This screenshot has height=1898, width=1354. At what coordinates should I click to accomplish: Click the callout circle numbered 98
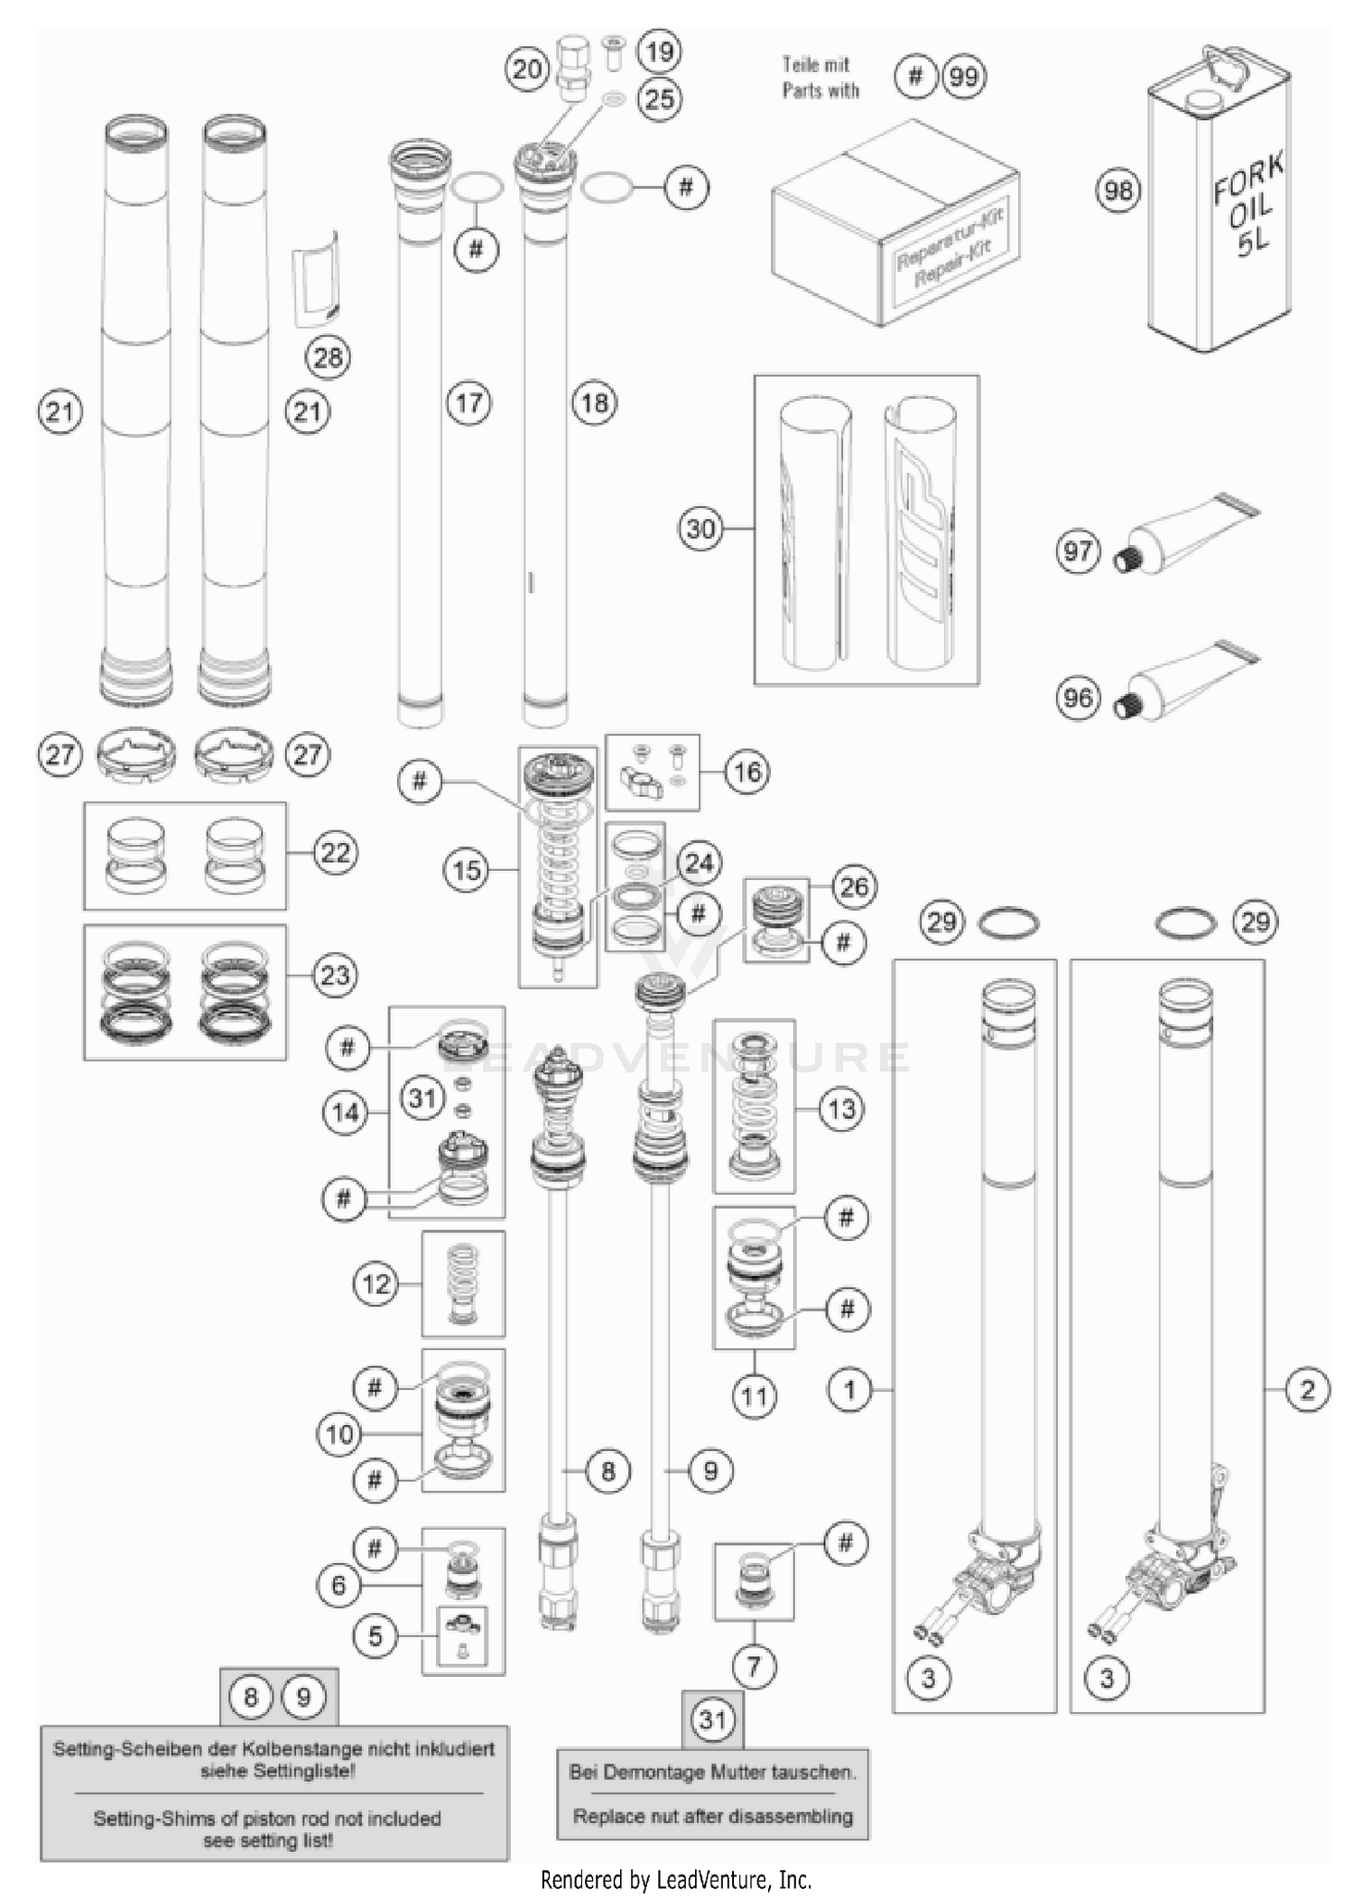point(1118,190)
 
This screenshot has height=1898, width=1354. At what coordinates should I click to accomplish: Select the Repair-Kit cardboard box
point(895,226)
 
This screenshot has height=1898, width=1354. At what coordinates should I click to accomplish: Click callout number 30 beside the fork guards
point(700,528)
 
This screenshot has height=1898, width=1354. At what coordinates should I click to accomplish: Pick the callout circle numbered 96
point(1078,698)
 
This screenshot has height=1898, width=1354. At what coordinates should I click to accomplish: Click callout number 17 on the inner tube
point(468,403)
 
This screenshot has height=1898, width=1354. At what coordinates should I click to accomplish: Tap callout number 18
point(594,403)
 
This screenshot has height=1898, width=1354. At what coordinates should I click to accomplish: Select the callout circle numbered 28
point(328,357)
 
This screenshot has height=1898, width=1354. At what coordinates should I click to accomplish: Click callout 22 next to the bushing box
point(335,853)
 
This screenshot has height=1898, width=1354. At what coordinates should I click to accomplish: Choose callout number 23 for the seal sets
point(335,975)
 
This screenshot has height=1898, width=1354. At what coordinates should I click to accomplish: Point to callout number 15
point(467,870)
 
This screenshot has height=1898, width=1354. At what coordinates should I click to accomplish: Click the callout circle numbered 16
point(747,772)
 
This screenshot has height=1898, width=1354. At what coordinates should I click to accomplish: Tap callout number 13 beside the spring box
point(841,1108)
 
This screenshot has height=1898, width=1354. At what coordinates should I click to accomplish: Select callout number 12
point(376,1283)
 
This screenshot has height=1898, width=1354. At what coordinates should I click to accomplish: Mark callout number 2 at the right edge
point(1307,1390)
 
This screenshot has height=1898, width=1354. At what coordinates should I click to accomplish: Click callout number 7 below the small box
point(754,1666)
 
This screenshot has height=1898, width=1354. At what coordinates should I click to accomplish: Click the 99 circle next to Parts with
point(963,77)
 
